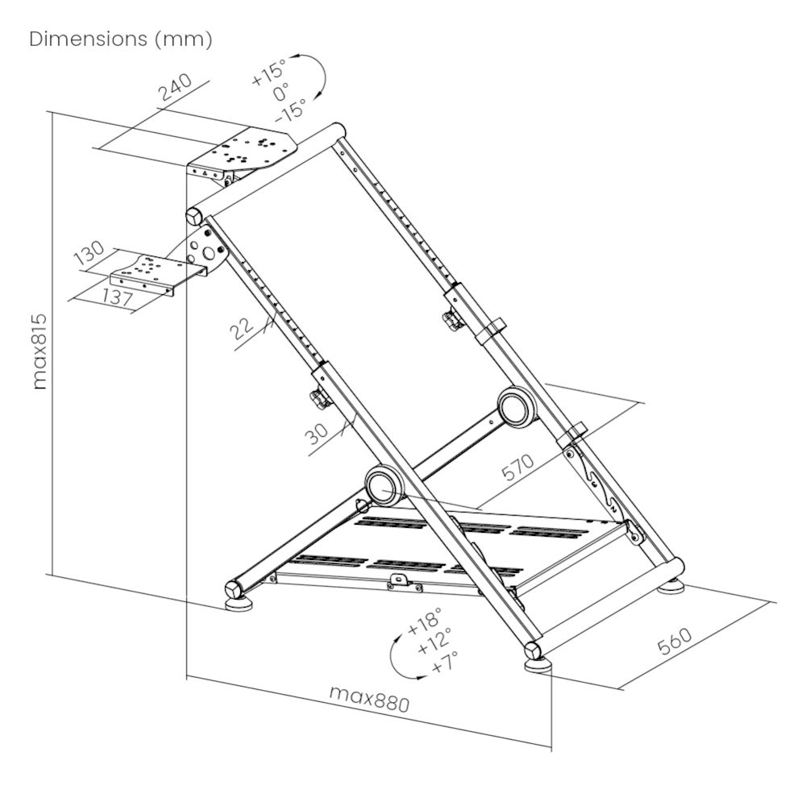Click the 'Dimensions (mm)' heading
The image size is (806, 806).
pyautogui.click(x=121, y=39)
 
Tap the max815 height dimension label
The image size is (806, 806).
pyautogui.click(x=39, y=351)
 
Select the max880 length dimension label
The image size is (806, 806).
pyautogui.click(x=369, y=698)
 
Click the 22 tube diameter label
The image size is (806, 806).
pyautogui.click(x=241, y=328)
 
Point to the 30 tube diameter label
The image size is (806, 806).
pyautogui.click(x=318, y=435)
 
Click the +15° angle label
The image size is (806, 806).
pyautogui.click(x=269, y=72)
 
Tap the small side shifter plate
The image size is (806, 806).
pyautogui.click(x=146, y=272)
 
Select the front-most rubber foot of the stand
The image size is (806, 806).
pyautogui.click(x=538, y=664)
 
